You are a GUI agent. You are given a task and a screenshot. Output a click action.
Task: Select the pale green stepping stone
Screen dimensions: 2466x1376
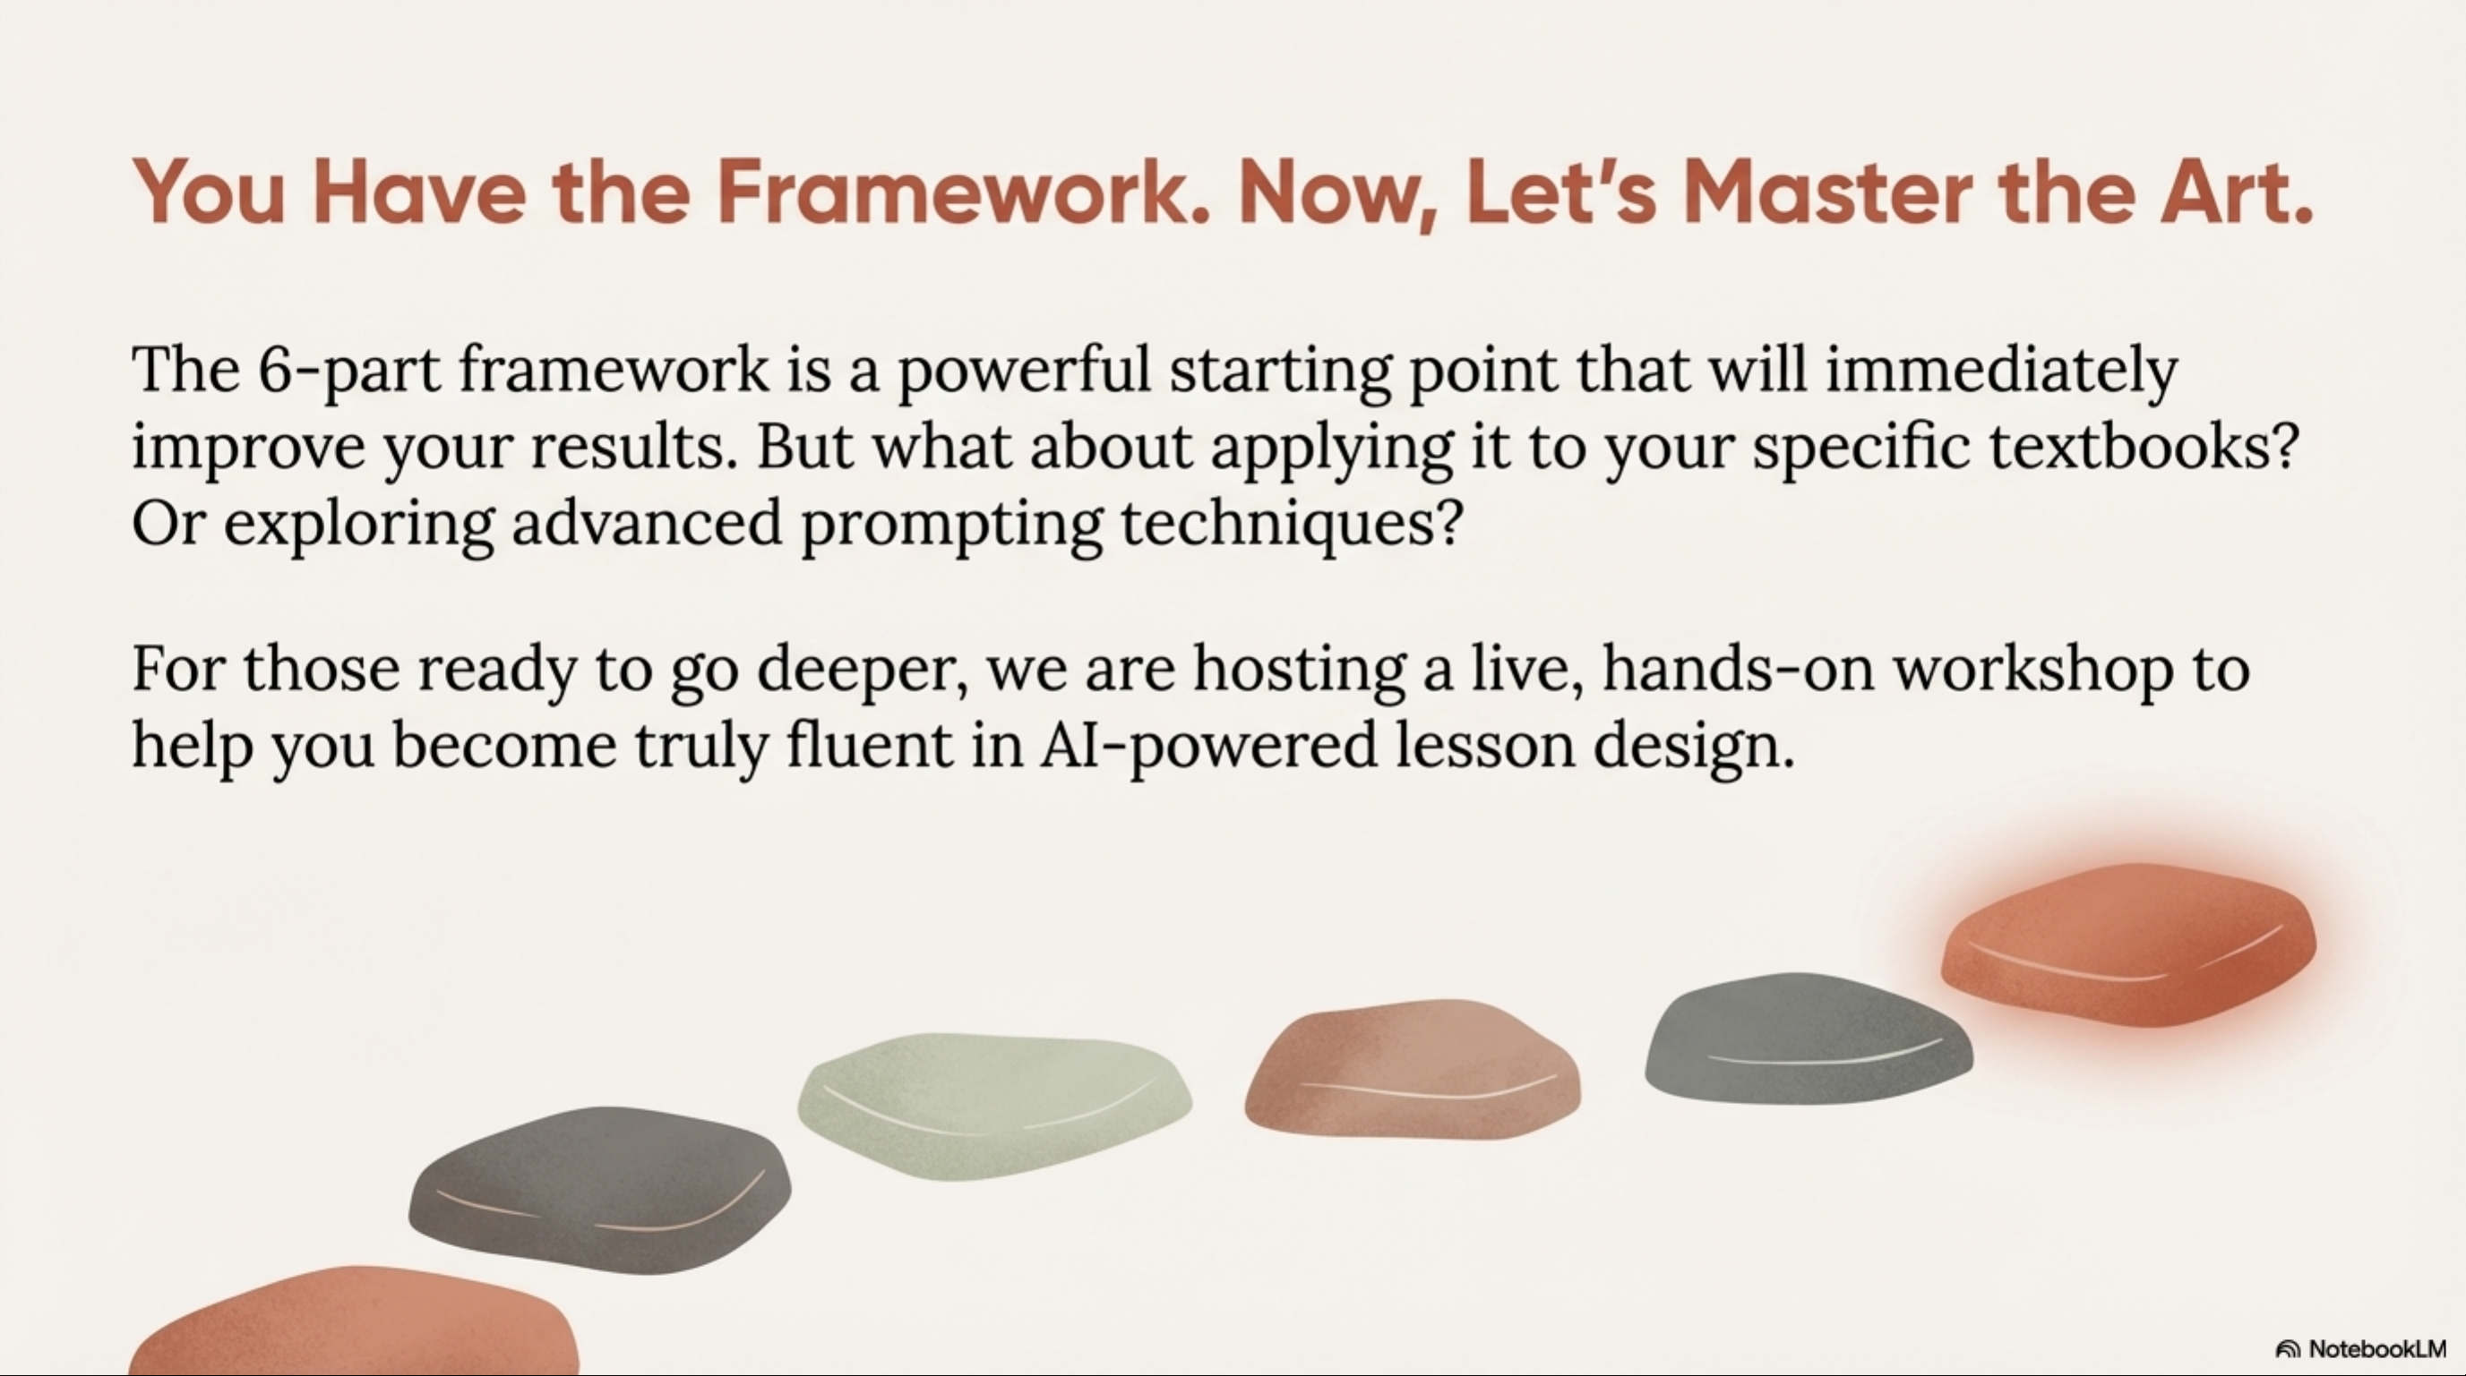coord(994,1106)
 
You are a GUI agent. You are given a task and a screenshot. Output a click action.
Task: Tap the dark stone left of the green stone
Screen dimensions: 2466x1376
coord(600,1190)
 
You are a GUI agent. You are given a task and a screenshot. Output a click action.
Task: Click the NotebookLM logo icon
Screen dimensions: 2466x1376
coord(2288,1349)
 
